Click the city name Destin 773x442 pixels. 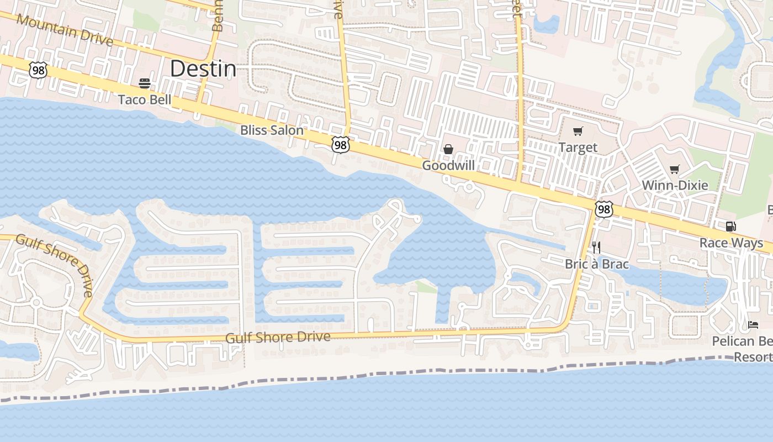tap(203, 69)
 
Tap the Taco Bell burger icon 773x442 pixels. tap(145, 83)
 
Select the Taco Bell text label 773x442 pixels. tap(145, 99)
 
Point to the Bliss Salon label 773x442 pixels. tap(272, 130)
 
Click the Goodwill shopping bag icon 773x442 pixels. tap(448, 149)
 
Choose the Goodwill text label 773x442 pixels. tap(448, 165)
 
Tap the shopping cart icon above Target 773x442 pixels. tap(578, 131)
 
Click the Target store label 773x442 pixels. tap(578, 148)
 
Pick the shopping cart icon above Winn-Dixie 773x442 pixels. tap(674, 169)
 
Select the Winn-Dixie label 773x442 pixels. tap(674, 185)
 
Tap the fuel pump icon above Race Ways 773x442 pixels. tap(730, 227)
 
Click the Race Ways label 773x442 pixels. tap(731, 243)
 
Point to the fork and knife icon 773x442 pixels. tap(596, 248)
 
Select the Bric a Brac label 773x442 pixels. tap(596, 264)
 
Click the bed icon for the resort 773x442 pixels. tap(753, 325)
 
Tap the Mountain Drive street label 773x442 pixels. tap(65, 30)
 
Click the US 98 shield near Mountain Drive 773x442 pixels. tap(38, 70)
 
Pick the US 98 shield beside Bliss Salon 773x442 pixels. tap(341, 145)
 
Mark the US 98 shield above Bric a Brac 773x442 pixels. tap(604, 209)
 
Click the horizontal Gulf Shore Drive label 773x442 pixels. tap(278, 338)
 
